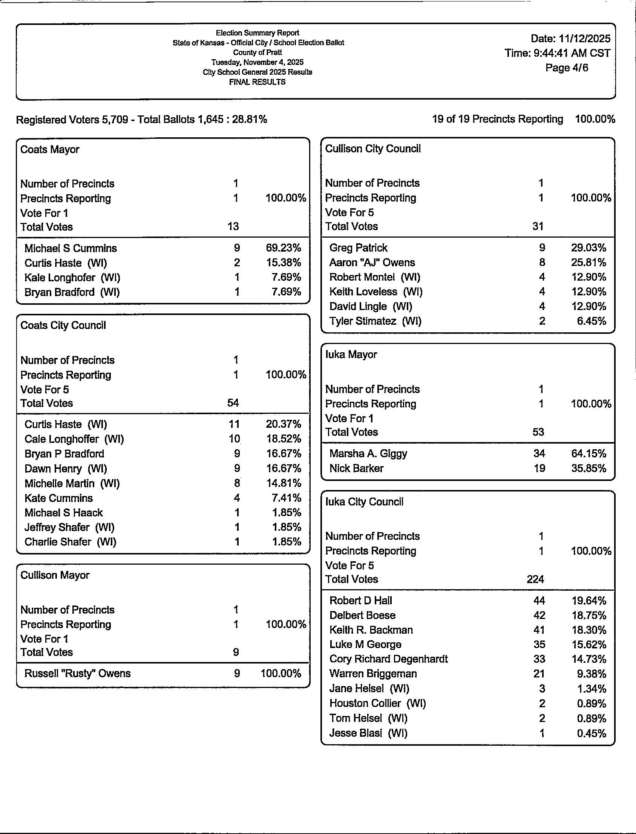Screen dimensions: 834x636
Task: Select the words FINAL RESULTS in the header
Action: [257, 82]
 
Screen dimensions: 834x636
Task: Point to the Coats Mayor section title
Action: [50, 150]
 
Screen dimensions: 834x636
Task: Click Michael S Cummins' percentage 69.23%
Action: [283, 248]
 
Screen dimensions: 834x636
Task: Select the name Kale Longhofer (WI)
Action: [72, 278]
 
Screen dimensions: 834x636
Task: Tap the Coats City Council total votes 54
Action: [233, 403]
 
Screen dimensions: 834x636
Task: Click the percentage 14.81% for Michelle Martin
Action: [283, 483]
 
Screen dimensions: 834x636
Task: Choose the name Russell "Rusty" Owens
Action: [77, 673]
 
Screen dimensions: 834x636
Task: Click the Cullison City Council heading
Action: [372, 149]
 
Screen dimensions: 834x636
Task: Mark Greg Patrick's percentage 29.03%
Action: [588, 248]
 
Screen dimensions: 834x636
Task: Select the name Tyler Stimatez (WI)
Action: [375, 321]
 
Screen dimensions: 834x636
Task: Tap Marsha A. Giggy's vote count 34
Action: [539, 453]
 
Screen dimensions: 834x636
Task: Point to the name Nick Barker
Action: [356, 468]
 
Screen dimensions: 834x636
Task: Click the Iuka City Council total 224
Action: [535, 579]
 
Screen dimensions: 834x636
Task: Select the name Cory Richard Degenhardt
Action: [388, 659]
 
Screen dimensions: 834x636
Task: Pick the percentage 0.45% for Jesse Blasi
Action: [592, 733]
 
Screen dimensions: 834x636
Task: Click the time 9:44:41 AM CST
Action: [557, 53]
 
